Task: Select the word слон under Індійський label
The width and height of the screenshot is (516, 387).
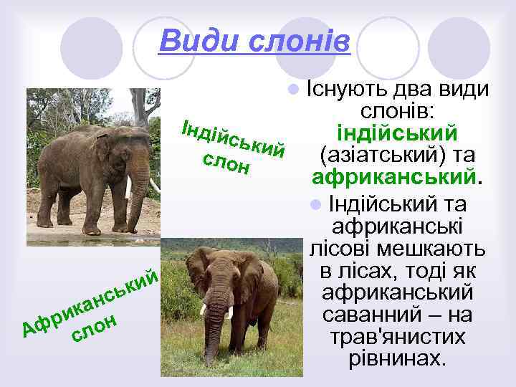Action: (x=226, y=164)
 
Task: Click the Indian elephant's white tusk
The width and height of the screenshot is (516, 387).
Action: (x=129, y=187)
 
